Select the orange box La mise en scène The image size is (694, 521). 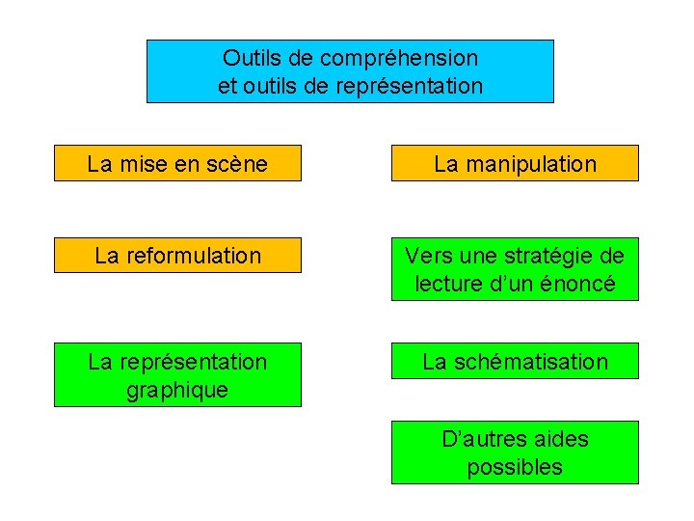pos(177,163)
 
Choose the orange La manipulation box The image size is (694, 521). pos(515,163)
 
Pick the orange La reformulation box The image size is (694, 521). pos(177,255)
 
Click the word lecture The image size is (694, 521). pos(449,284)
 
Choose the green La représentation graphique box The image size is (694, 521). pos(177,374)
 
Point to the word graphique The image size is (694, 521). pos(177,390)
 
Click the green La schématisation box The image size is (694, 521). pos(515,361)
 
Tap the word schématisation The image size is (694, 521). pos(530,362)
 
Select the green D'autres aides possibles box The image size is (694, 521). pos(515,452)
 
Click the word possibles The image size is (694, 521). pos(515,468)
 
